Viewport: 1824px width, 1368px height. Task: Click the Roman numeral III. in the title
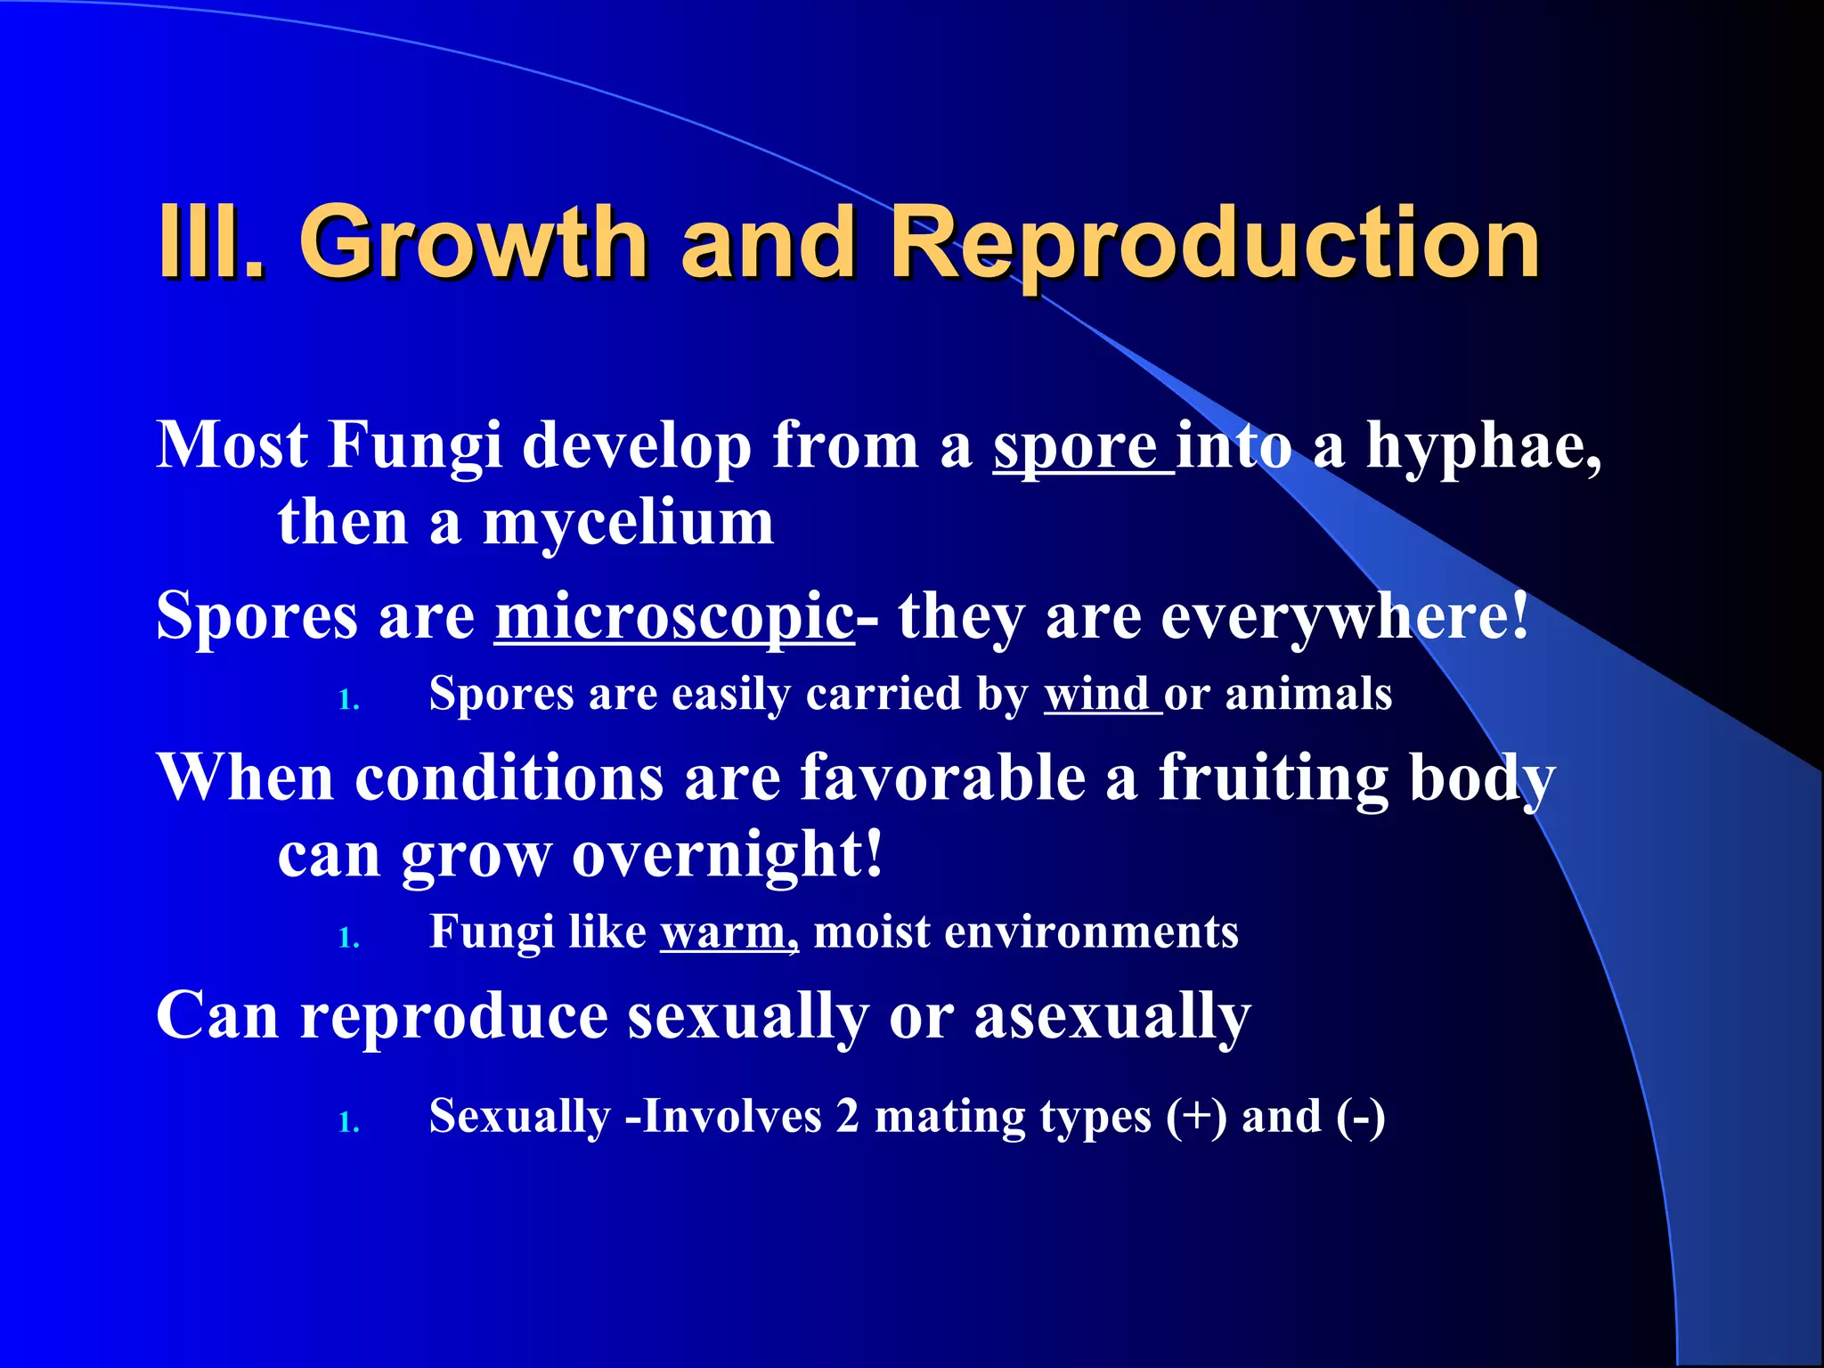[x=210, y=242]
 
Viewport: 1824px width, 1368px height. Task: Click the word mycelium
[x=628, y=524]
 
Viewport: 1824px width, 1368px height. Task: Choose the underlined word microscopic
[x=674, y=617]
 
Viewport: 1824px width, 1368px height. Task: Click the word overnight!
[x=727, y=855]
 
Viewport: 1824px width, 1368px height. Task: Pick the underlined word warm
[x=727, y=933]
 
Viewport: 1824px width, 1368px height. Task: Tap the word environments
[x=1091, y=933]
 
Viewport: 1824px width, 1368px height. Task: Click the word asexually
[x=1112, y=1018]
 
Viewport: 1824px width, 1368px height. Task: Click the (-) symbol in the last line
[x=1360, y=1117]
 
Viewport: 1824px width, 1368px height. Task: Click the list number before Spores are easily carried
[x=349, y=702]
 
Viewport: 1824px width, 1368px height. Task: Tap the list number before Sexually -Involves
[x=349, y=1123]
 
